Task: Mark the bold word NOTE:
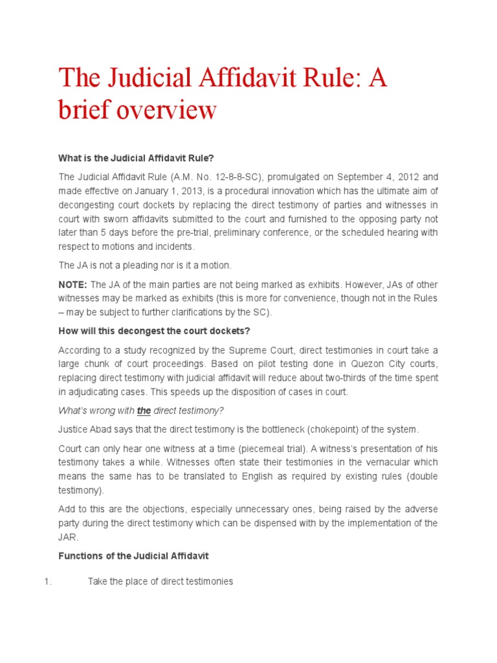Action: [x=73, y=285]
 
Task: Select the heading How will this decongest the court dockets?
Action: [x=154, y=331]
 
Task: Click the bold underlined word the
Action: [x=144, y=410]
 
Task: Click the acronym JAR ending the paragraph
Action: [x=68, y=537]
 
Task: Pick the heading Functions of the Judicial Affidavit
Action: [x=134, y=556]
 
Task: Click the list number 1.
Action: [x=47, y=581]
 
